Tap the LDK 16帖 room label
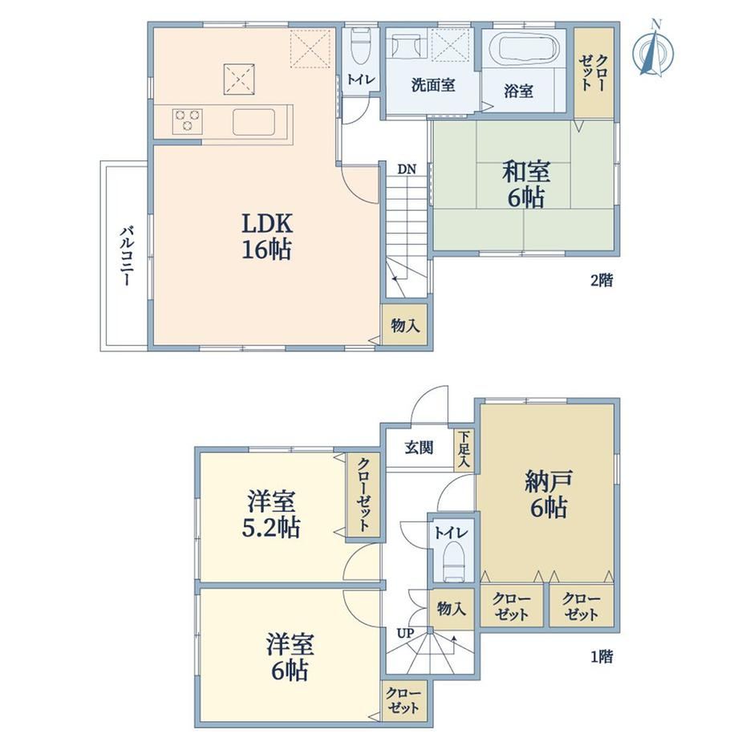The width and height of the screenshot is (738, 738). (x=267, y=237)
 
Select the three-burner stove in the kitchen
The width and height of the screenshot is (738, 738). (x=188, y=121)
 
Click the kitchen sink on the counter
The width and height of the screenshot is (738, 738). (x=253, y=122)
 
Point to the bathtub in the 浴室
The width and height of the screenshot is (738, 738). (x=523, y=47)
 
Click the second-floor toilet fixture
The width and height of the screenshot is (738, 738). (x=360, y=47)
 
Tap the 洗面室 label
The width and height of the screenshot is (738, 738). (x=433, y=86)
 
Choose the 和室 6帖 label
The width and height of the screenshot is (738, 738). (x=525, y=184)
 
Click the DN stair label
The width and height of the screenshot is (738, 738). (x=407, y=169)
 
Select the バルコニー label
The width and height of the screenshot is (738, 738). (x=126, y=257)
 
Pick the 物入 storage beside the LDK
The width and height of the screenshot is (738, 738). (x=405, y=325)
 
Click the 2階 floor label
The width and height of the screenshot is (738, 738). (x=602, y=281)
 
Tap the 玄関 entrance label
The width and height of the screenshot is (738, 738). (x=419, y=448)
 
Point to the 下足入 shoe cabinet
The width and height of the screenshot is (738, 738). (x=464, y=449)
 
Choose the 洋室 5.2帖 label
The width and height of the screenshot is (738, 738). (x=270, y=514)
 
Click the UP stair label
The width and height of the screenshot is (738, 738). (x=405, y=634)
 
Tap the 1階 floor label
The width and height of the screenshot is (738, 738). (x=602, y=656)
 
